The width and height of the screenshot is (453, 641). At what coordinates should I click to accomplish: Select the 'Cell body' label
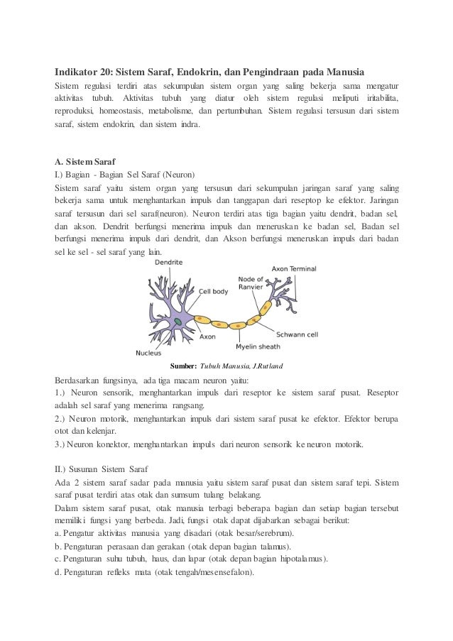pyautogui.click(x=214, y=290)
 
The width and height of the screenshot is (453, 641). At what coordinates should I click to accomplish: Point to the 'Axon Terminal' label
pyautogui.click(x=294, y=269)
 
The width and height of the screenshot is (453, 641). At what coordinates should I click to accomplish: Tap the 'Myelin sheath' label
pyautogui.click(x=258, y=347)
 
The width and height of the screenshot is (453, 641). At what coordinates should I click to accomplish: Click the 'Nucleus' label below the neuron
pyautogui.click(x=148, y=352)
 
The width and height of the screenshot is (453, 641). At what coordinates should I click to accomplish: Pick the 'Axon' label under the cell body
pyautogui.click(x=207, y=337)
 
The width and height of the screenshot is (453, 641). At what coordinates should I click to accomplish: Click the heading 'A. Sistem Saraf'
pyautogui.click(x=85, y=161)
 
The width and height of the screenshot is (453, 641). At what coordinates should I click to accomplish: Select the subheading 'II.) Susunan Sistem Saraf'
pyautogui.click(x=101, y=469)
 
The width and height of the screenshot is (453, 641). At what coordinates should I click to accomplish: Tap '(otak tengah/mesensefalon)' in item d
pyautogui.click(x=204, y=572)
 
